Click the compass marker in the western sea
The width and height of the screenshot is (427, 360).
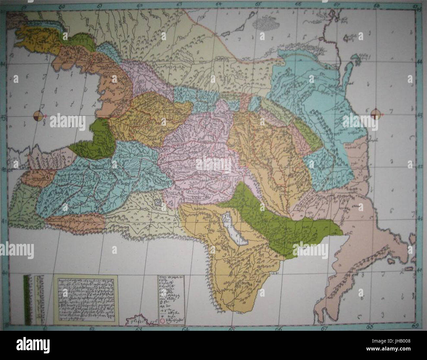coord(38,116)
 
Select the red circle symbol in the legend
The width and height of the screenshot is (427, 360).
coord(162,320)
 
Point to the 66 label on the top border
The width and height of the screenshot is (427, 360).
coord(298,5)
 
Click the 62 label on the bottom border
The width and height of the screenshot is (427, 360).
coord(92,329)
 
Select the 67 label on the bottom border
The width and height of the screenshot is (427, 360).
coord(325,328)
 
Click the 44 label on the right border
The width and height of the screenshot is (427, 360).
coord(419,62)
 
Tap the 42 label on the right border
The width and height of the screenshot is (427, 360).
coord(419,167)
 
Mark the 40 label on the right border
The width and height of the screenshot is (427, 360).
coord(419,270)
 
